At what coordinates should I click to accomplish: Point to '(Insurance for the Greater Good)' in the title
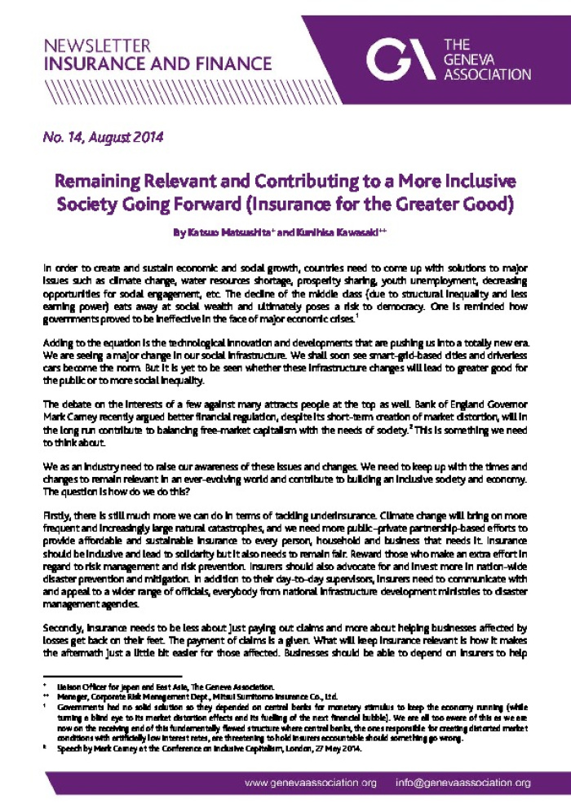pos(403,202)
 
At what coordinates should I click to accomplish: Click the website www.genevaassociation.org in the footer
pos(312,784)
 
